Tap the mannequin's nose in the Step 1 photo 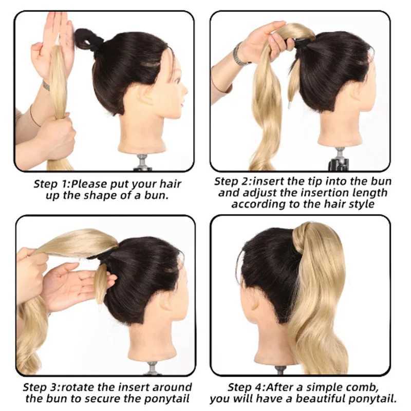pyautogui.click(x=184, y=90)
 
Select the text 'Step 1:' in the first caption pyautogui.click(x=51, y=184)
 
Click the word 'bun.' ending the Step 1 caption pyautogui.click(x=156, y=196)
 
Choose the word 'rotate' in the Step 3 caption pyautogui.click(x=78, y=387)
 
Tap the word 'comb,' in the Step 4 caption pyautogui.click(x=362, y=387)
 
